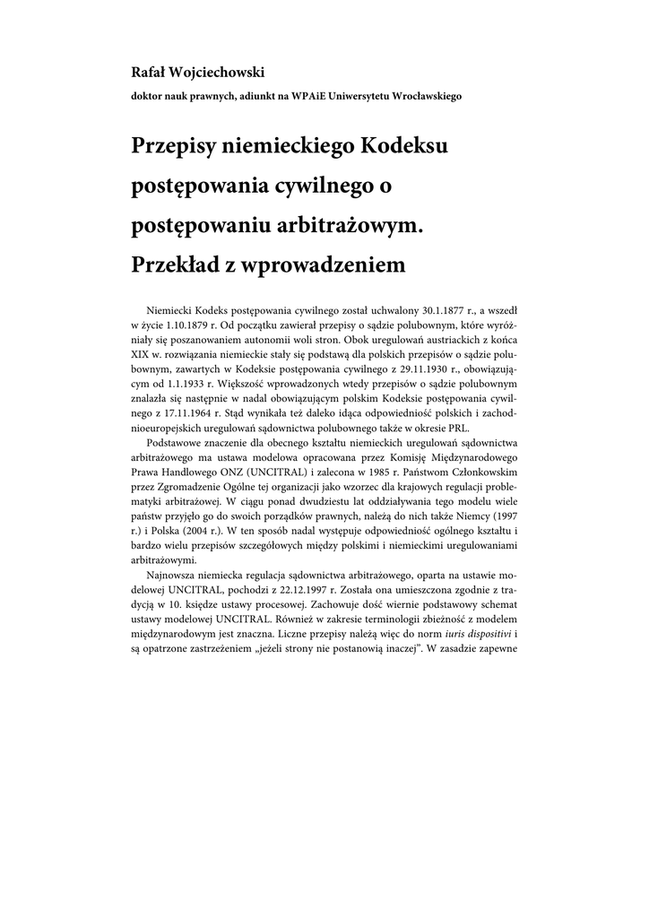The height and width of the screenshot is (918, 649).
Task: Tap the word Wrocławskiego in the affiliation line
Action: point(424,96)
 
